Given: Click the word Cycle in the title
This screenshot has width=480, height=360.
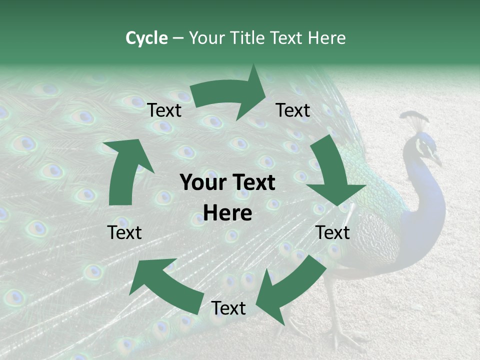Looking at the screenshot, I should click(146, 38).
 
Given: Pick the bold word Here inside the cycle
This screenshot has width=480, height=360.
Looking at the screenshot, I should click(227, 213).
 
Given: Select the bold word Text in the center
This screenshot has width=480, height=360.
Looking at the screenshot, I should click(255, 183).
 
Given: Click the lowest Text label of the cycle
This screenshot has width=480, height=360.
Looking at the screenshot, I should click(228, 308).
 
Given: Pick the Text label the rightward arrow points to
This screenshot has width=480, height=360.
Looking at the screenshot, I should click(293, 110).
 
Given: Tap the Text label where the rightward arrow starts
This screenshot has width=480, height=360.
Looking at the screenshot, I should click(164, 110).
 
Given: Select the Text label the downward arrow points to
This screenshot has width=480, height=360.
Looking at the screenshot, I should click(333, 232).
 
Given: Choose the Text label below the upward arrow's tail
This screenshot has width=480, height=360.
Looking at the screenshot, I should click(124, 232).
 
